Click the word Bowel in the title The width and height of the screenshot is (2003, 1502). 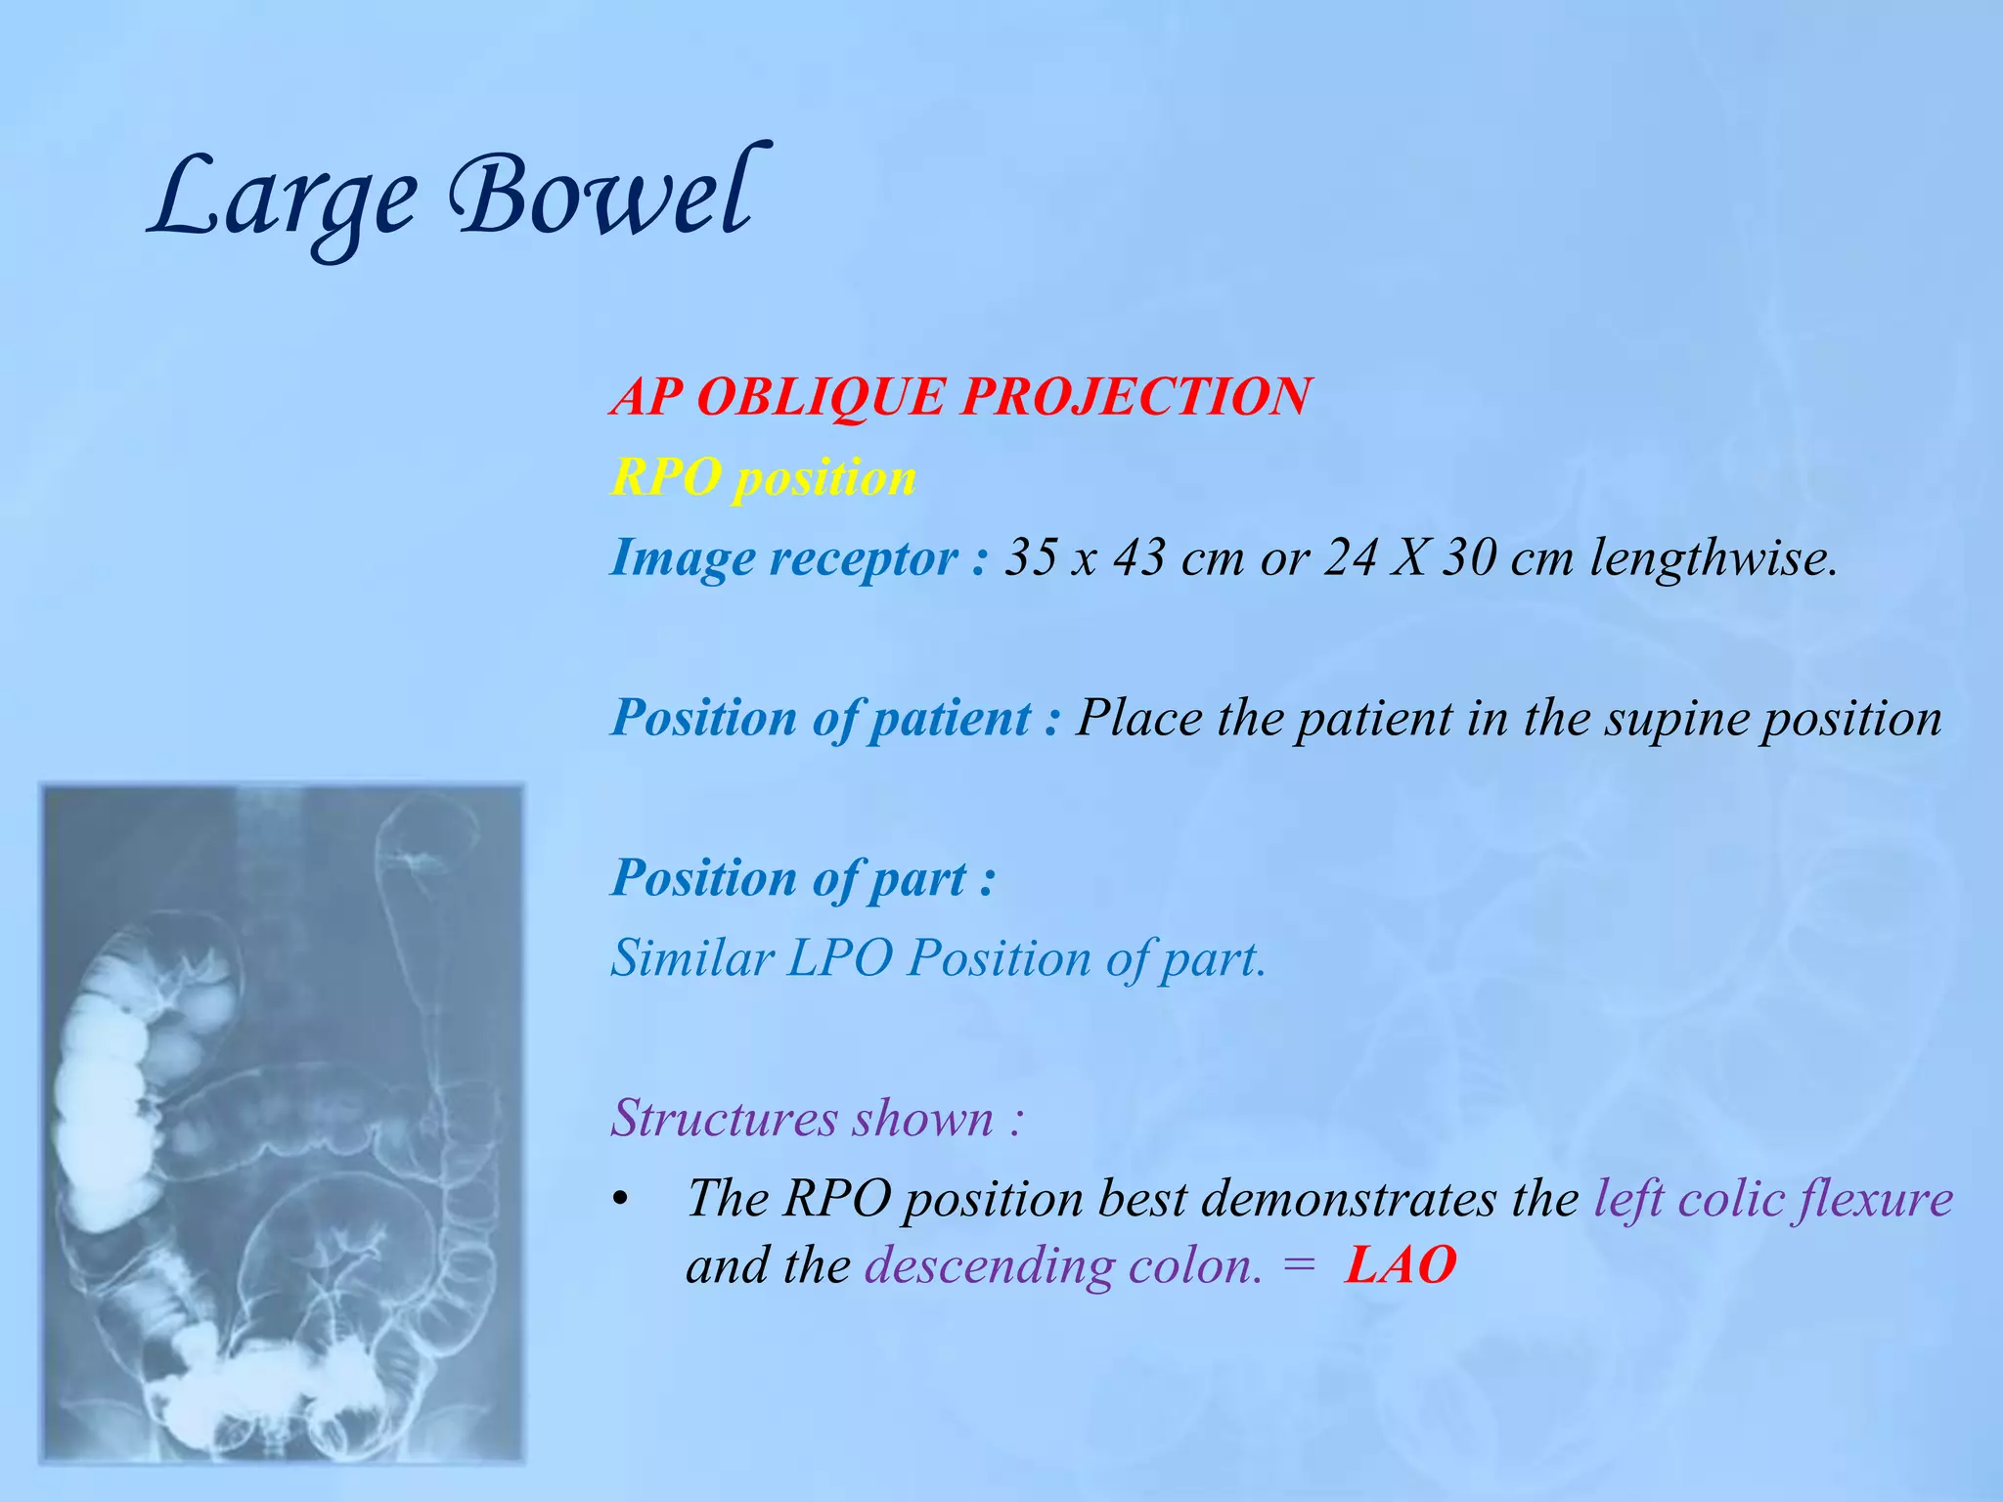[601, 196]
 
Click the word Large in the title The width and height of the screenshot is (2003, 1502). [284, 200]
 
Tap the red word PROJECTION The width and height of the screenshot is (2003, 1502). [1135, 397]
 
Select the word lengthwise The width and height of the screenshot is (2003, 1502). [1713, 558]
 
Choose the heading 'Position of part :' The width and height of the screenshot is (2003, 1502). [803, 878]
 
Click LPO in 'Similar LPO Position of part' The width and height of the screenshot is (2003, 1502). [839, 957]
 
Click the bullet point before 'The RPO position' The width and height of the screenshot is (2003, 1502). [619, 1202]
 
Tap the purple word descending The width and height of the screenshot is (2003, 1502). [989, 1266]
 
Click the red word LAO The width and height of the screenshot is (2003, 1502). [1400, 1266]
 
